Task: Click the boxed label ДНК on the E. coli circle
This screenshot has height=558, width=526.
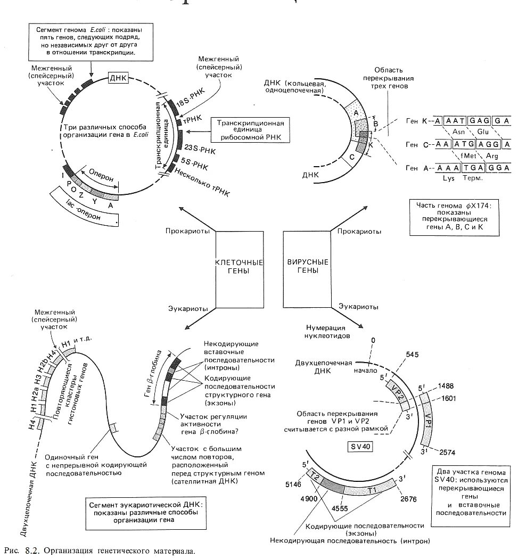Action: click(x=118, y=78)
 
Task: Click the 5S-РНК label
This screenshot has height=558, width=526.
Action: click(x=194, y=161)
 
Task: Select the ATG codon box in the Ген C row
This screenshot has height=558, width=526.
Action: click(x=464, y=144)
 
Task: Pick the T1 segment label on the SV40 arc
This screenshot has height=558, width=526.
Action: click(x=372, y=489)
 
